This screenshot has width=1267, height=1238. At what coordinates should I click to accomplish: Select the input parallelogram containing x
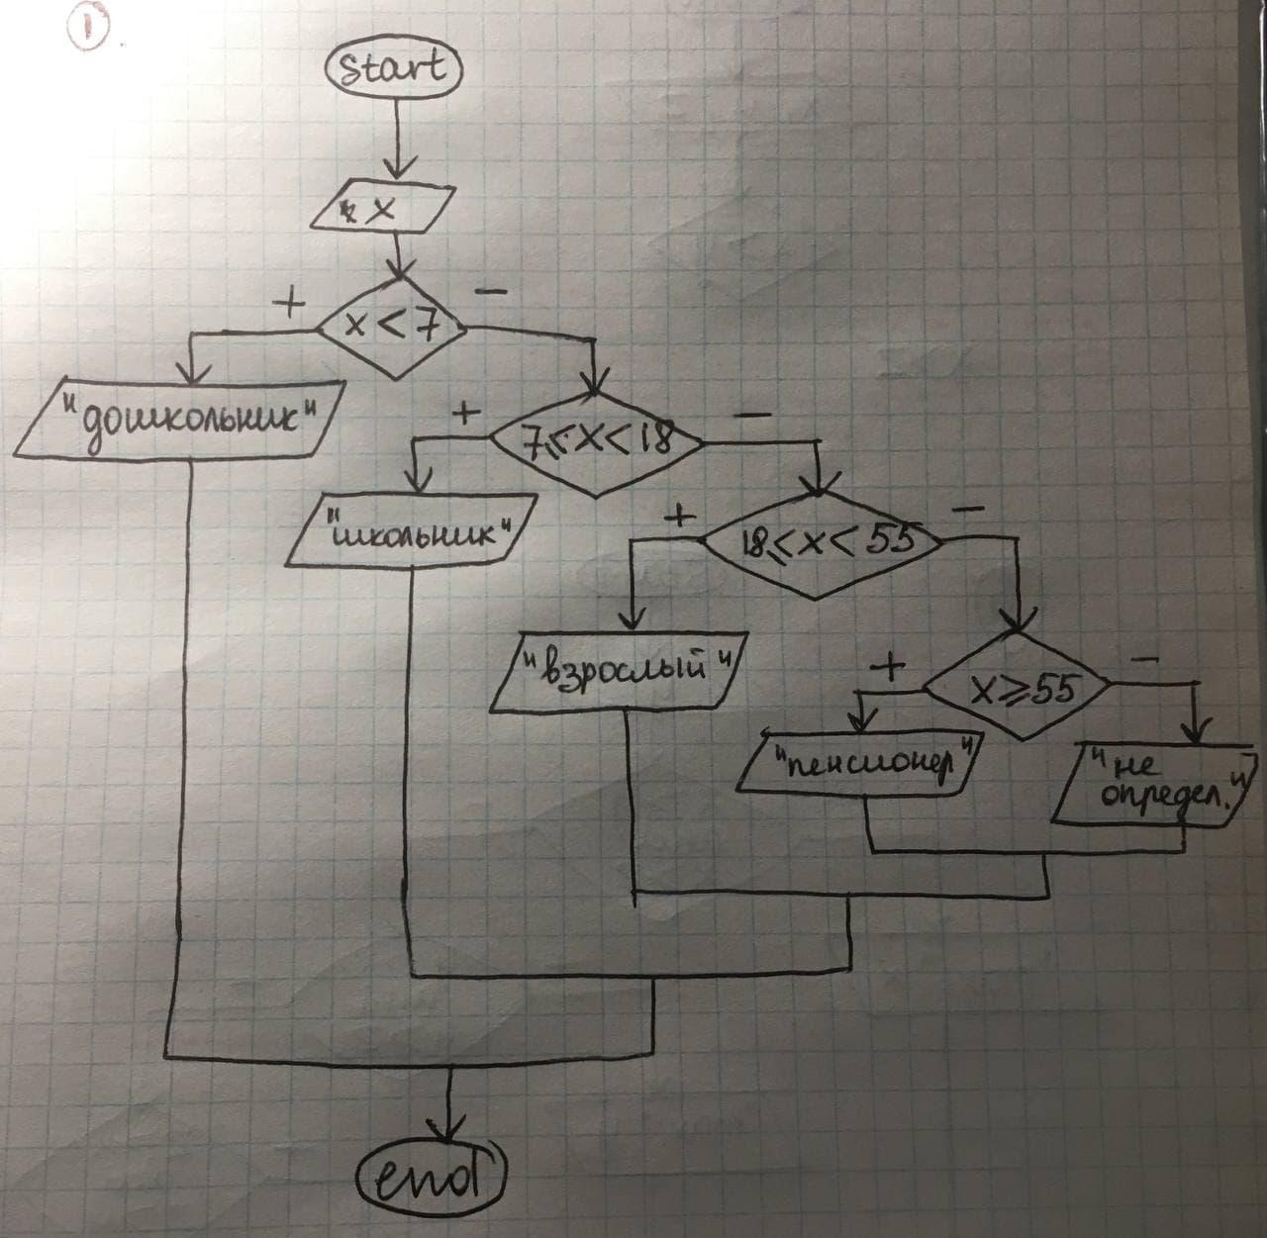[390, 209]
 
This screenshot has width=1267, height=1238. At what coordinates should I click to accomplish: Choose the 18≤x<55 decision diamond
[818, 545]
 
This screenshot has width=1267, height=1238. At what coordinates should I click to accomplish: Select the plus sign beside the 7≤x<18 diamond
[463, 413]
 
